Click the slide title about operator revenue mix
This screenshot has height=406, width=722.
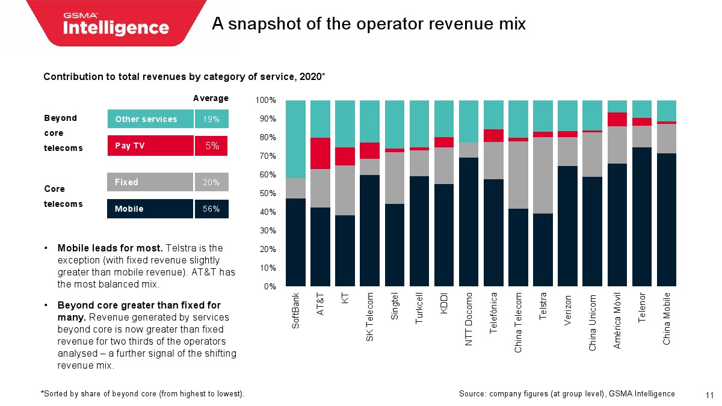(369, 24)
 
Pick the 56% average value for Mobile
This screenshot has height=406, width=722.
(211, 209)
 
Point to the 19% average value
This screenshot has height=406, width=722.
(211, 119)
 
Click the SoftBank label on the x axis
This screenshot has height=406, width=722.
(295, 310)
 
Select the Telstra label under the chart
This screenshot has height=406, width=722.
(543, 307)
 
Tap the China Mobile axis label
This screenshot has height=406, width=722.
(667, 318)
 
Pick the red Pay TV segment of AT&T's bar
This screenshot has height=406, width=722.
(320, 153)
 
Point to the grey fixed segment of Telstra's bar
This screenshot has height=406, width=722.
(543, 175)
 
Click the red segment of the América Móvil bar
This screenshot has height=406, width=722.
(617, 119)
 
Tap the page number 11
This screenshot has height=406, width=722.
(709, 395)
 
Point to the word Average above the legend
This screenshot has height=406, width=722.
(211, 98)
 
